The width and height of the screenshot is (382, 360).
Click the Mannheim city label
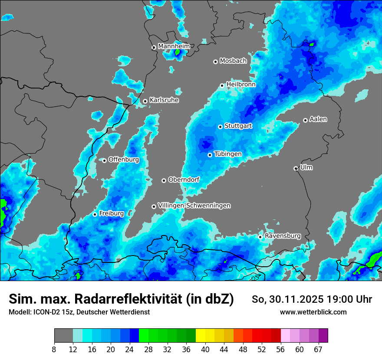[174, 46]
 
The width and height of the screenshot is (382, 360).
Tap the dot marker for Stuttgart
[220, 127]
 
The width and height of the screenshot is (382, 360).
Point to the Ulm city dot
[296, 168]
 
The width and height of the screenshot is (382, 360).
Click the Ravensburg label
[283, 236]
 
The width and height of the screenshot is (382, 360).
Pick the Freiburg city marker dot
[95, 214]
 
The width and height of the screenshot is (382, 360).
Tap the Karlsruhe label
[164, 100]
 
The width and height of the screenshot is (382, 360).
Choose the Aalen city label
[318, 119]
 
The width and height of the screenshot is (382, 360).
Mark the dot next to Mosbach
[215, 62]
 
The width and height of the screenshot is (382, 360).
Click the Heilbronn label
[241, 84]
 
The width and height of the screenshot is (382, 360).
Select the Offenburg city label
[124, 159]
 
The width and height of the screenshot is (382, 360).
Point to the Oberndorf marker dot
[164, 180]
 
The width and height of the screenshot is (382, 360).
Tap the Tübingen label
[228, 154]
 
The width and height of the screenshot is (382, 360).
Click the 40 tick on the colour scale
[205, 350]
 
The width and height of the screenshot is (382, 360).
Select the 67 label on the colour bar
[318, 350]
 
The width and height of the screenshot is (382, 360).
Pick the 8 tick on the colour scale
[54, 350]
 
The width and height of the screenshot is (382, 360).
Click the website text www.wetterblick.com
[313, 312]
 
